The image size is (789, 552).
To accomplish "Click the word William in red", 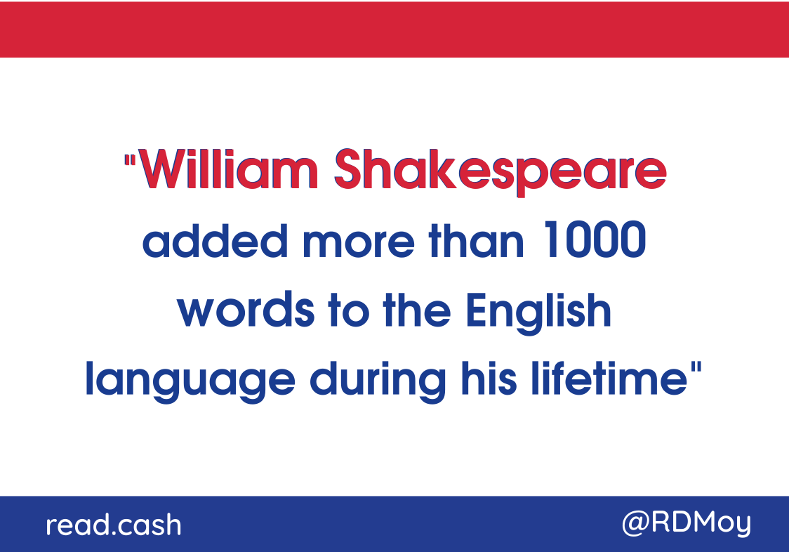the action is (228, 169).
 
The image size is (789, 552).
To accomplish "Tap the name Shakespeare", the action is (500, 172).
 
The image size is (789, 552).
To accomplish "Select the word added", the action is (216, 240).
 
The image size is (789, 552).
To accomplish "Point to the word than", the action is (476, 240).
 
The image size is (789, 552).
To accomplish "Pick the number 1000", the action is (595, 239).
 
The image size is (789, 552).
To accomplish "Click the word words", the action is (246, 309).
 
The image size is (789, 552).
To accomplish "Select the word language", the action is (190, 381).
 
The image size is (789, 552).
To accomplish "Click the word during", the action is (378, 381).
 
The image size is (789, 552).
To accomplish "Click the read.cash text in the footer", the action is (114, 525).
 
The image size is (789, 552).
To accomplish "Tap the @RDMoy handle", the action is (687, 523).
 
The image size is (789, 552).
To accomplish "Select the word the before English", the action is (417, 309).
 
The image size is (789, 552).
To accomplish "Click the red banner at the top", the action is (394, 29).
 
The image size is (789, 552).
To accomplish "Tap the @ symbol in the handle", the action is (636, 524).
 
